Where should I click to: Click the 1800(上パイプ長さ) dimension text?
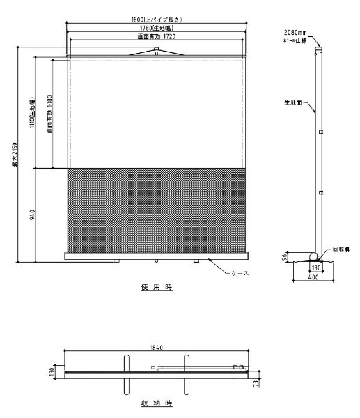[157, 20]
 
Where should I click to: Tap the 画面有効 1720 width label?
[157, 36]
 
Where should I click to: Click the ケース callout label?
[238, 274]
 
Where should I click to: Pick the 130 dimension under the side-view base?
[315, 267]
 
